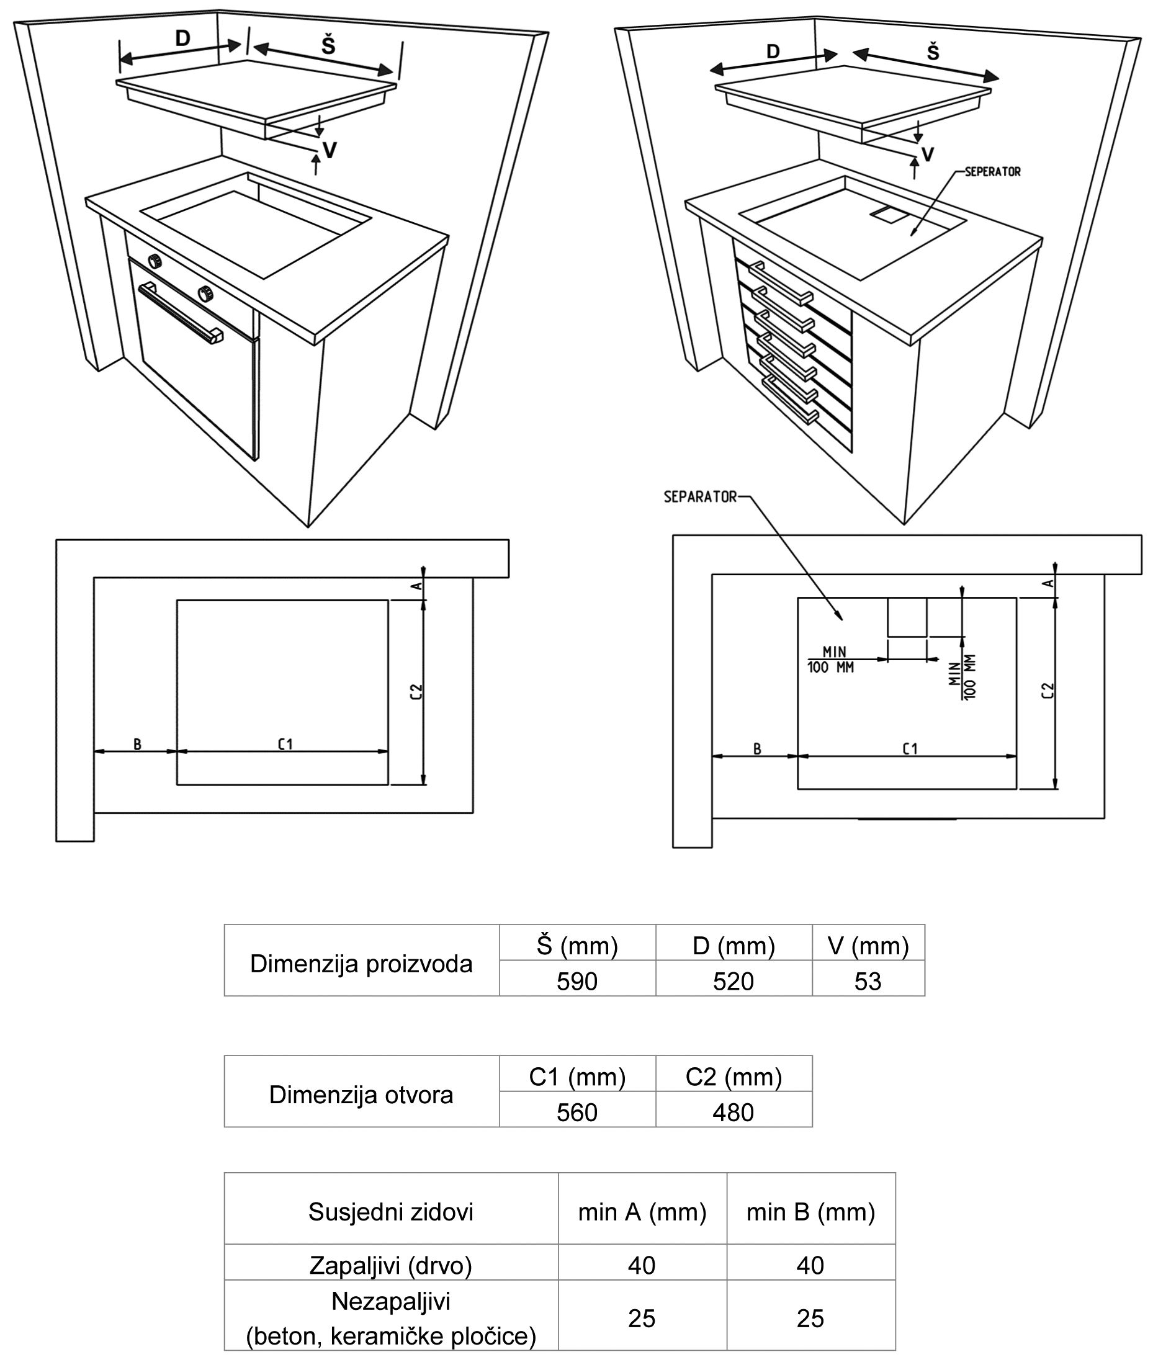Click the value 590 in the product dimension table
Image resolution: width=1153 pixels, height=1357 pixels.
point(577,981)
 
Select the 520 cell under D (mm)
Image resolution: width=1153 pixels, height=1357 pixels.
point(734,981)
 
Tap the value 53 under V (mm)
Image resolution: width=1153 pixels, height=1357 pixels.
point(868,981)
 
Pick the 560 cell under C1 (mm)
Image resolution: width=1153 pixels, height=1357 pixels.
point(577,1112)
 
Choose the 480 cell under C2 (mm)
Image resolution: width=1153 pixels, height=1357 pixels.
point(734,1112)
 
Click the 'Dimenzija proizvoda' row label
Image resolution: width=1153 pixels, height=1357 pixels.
point(361,964)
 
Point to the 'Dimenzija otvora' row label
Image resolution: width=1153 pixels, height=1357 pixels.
point(361,1095)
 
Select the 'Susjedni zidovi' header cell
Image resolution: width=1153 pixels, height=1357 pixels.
point(391,1211)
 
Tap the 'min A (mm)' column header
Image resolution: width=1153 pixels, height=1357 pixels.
point(642,1211)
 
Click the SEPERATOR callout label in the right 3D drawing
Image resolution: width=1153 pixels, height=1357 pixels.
point(992,172)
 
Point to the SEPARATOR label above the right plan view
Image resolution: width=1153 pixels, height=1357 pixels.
point(700,497)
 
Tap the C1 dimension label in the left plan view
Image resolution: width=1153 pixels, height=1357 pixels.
point(285,744)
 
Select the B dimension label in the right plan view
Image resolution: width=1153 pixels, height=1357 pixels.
point(757,749)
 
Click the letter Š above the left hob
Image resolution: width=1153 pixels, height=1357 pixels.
point(328,46)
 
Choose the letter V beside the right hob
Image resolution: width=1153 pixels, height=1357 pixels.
point(927,155)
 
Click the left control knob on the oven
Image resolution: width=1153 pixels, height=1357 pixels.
point(156,261)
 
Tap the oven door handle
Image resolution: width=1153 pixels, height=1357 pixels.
point(180,313)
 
